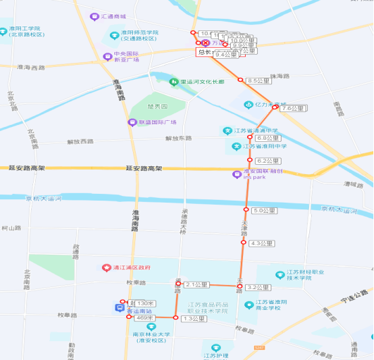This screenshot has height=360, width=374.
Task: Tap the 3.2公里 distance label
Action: [x=258, y=287]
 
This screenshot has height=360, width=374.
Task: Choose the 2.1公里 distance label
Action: [x=196, y=284]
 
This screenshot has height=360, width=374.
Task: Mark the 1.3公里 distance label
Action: [x=194, y=317]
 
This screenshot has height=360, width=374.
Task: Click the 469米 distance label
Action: [x=145, y=317]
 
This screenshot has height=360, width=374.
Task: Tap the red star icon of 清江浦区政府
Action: [x=106, y=267]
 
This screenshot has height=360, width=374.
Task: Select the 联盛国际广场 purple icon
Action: [x=132, y=122]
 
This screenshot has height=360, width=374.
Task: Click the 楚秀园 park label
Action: [x=157, y=106]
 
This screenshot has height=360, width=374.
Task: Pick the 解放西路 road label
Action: [x=80, y=141]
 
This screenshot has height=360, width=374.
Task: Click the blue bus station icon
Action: [x=119, y=308]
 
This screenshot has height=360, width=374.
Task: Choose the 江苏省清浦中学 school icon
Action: [x=228, y=130]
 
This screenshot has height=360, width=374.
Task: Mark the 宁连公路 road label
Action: [x=354, y=294]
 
